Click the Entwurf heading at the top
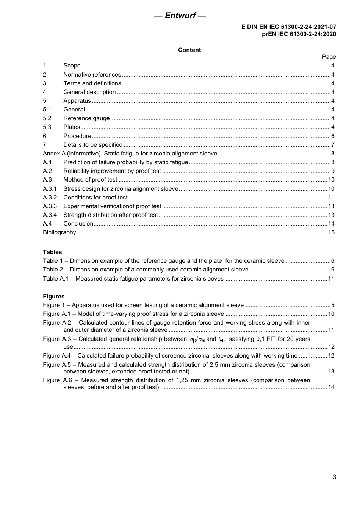180,16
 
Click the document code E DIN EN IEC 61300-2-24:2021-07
288,27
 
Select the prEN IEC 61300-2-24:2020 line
299,34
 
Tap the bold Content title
189,50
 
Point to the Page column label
329,57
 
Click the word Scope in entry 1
72,66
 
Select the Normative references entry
92,75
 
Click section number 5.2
47,118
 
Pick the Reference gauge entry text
86,118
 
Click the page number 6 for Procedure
333,136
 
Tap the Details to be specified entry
93,145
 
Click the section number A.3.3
50,206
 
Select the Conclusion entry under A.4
78,224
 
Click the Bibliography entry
59,232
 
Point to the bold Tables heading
52,252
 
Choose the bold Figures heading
54,297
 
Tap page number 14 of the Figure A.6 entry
331,387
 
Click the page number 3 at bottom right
334,477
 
